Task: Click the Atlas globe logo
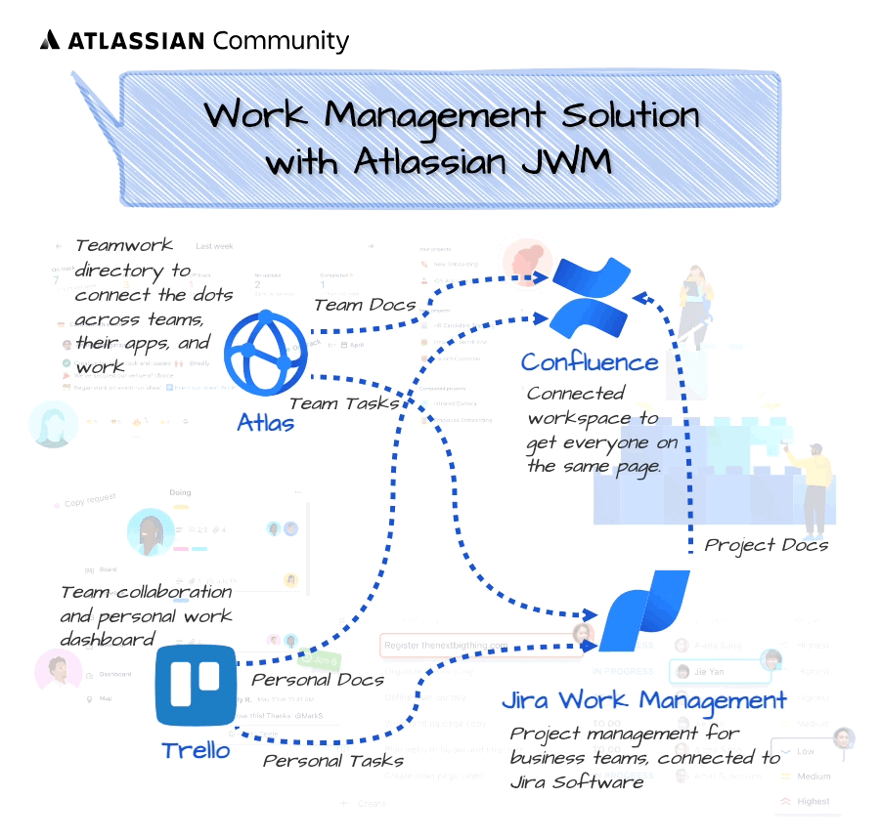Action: point(267,353)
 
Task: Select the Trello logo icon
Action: point(196,685)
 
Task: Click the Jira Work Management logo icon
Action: point(643,611)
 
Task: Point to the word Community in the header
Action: point(280,41)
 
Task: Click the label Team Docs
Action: point(365,305)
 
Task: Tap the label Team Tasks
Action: point(343,402)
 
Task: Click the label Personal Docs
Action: point(318,679)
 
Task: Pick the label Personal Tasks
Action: point(333,760)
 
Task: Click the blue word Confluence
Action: point(590,362)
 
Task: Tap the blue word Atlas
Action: point(266,423)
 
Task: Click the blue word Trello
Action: point(196,750)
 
